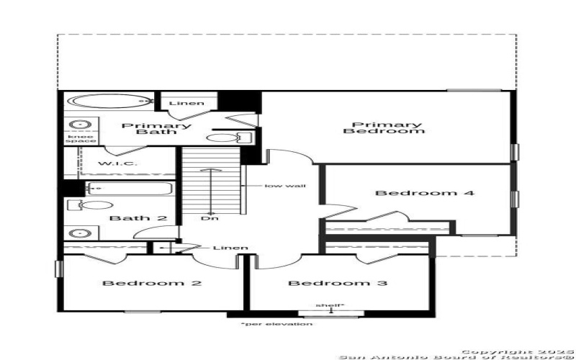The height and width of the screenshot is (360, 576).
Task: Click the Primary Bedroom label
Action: [383, 128]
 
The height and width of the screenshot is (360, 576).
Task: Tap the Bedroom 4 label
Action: [415, 193]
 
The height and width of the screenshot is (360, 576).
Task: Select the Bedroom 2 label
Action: [151, 283]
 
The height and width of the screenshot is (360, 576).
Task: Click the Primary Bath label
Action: [156, 129]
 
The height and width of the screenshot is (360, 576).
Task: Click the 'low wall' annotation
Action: [285, 186]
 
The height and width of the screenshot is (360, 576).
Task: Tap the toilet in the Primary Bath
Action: [222, 138]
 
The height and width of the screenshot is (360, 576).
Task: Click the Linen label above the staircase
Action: [186, 103]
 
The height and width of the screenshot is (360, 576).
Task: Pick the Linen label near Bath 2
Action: [230, 248]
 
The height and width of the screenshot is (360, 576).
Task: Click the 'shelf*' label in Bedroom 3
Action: [330, 306]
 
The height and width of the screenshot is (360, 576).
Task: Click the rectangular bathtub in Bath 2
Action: [130, 189]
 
